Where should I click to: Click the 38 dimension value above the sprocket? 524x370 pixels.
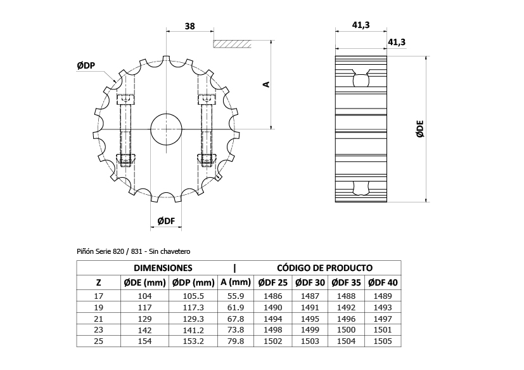pos(189,26)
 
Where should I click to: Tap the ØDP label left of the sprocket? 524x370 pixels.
pos(86,65)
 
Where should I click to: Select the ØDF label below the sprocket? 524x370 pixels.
pos(166,221)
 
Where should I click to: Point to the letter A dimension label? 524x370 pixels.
pos(267,84)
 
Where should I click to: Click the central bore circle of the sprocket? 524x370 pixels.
pos(166,129)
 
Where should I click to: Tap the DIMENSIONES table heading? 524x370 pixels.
pos(163,268)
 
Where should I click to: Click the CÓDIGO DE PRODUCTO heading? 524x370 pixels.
pos(324,268)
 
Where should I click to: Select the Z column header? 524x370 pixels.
pos(98,282)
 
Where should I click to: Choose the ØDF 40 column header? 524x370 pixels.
pos(383,282)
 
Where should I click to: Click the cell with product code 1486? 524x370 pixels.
pos(272,296)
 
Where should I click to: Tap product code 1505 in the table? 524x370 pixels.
pos(383,341)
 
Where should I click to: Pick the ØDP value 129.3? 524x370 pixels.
pos(194,319)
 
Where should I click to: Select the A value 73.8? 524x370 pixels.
pos(236,330)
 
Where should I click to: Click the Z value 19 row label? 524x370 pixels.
pos(98,307)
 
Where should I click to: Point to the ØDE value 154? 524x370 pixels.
pos(144,341)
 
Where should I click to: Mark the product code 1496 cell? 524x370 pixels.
pos(347,319)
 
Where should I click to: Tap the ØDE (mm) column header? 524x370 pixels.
pos(144,282)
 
